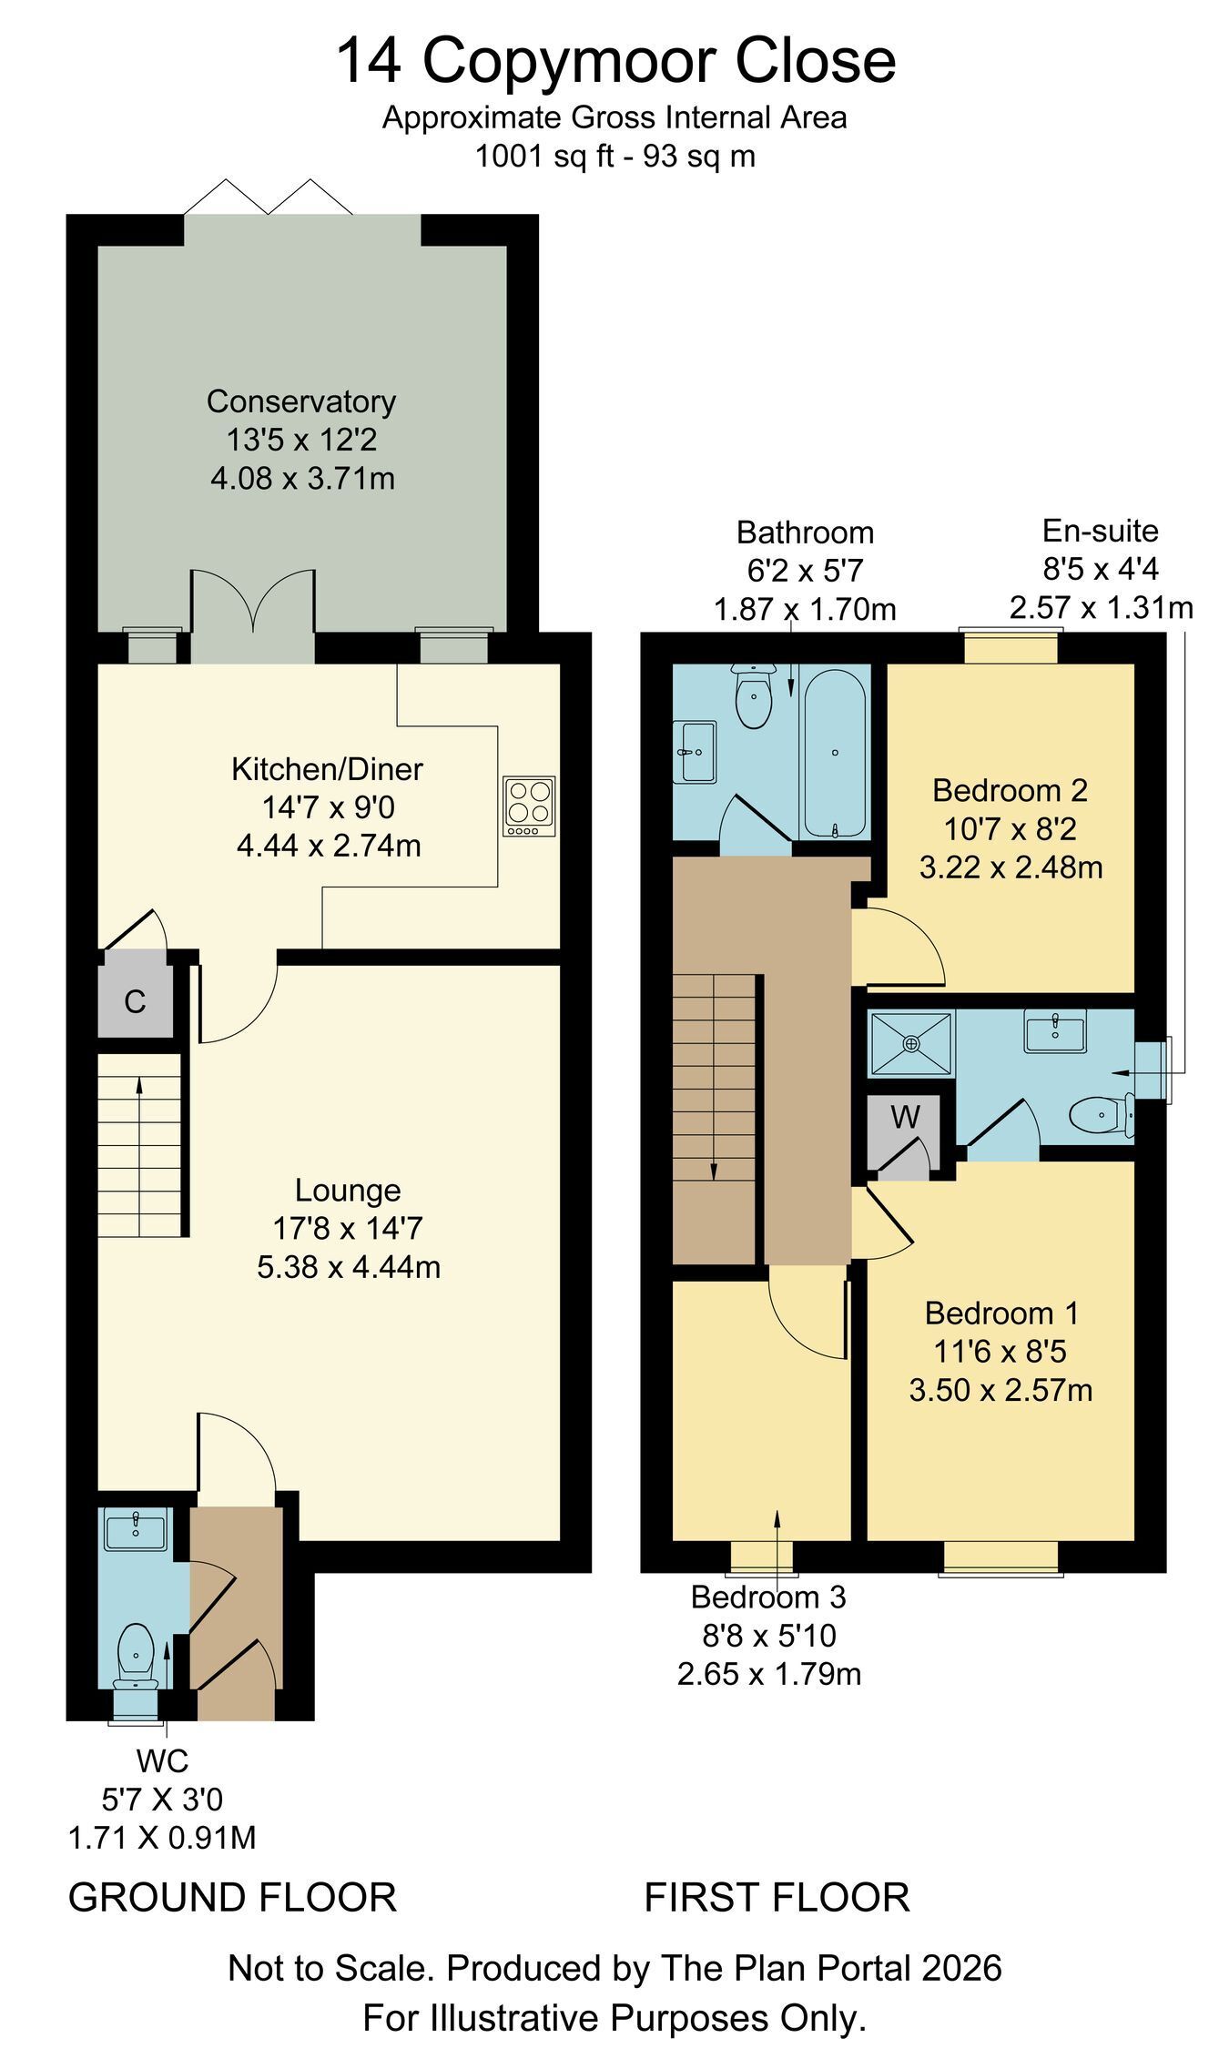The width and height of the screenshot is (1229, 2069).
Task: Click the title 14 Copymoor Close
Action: pyautogui.click(x=616, y=62)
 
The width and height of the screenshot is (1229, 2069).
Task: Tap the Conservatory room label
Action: pyautogui.click(x=301, y=401)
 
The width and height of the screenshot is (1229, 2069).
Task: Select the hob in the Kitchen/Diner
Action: pyautogui.click(x=530, y=806)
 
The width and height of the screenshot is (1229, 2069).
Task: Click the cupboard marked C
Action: pyautogui.click(x=135, y=994)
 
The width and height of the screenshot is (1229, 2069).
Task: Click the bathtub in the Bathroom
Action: pyautogui.click(x=834, y=755)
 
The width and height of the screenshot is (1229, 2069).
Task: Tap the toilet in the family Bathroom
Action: pyautogui.click(x=754, y=696)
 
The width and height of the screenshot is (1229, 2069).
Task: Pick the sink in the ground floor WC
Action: pyautogui.click(x=136, y=1528)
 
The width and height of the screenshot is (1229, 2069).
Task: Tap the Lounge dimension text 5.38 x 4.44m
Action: pyautogui.click(x=349, y=1267)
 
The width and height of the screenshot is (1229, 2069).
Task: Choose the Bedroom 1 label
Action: pyautogui.click(x=1001, y=1313)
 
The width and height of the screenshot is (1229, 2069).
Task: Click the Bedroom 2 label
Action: pyautogui.click(x=1010, y=790)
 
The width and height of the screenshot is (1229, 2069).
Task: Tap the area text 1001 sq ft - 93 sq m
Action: pyautogui.click(x=615, y=157)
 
